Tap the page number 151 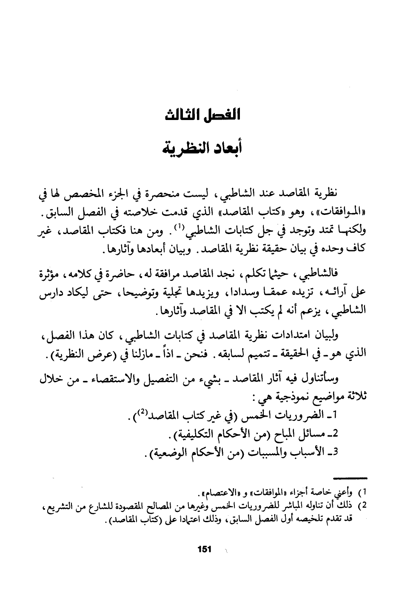tap(205, 549)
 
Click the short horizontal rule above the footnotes tap(350, 478)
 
